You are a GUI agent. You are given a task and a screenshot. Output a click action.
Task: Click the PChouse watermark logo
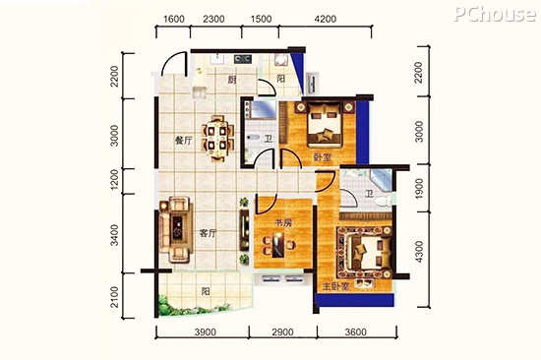tap(495, 14)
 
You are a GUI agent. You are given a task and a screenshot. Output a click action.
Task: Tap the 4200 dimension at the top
tap(326, 19)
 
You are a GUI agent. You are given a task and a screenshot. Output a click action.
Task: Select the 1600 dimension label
tap(173, 19)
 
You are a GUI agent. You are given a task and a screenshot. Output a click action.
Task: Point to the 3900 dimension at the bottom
tap(205, 332)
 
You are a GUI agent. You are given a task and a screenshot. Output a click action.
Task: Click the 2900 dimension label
tap(282, 332)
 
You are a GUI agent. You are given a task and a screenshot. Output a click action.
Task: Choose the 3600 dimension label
tap(355, 332)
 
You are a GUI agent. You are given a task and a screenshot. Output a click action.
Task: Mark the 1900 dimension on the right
tap(419, 189)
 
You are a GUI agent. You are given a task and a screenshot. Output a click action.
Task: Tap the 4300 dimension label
tap(419, 252)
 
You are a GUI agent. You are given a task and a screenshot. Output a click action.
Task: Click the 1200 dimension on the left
tap(114, 181)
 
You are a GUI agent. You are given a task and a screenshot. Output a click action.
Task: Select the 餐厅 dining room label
tap(184, 141)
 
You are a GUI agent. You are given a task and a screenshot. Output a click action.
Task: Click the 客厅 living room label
tap(208, 234)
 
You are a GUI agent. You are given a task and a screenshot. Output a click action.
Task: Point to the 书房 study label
tap(283, 223)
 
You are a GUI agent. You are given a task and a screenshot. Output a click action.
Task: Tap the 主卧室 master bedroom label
tap(335, 286)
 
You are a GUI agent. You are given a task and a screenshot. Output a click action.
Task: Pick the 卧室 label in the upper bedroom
tap(323, 157)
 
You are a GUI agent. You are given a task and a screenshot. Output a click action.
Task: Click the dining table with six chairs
tap(218, 139)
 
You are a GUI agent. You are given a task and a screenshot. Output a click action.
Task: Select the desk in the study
tap(277, 245)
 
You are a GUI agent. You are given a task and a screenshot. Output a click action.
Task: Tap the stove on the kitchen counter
tap(243, 59)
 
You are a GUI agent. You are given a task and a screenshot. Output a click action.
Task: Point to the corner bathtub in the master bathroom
tap(382, 179)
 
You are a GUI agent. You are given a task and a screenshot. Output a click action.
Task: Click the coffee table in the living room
tap(178, 226)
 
